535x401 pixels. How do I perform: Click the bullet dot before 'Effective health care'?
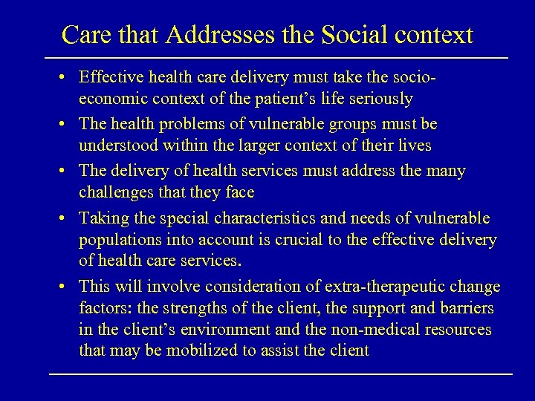(66, 77)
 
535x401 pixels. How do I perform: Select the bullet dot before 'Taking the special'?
(66, 218)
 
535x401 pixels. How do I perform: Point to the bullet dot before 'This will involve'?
(66, 287)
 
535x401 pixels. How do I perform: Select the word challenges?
(116, 193)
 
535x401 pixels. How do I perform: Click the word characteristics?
(261, 218)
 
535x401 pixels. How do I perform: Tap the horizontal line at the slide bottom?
(281, 373)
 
